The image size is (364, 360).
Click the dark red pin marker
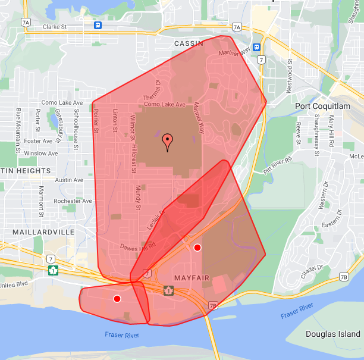coord(168,142)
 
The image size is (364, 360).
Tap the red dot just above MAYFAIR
coord(197,247)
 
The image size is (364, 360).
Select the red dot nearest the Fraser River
coord(117,298)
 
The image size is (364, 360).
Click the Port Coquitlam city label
coord(324,106)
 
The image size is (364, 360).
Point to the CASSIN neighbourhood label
coord(189,43)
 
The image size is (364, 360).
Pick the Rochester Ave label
coord(72,201)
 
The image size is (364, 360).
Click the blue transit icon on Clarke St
coord(97,25)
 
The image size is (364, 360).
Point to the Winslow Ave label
coord(41,154)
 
